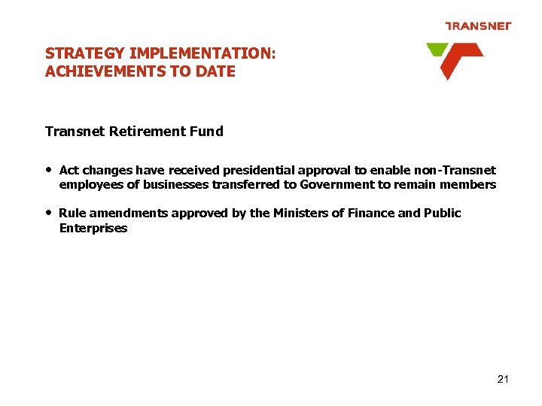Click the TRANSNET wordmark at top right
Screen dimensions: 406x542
[478, 26]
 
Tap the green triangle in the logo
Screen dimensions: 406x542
[436, 50]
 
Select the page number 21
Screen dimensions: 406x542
[503, 379]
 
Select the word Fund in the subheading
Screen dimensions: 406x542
[207, 132]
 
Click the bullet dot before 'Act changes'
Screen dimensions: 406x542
[49, 169]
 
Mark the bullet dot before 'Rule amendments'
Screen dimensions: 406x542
[49, 212]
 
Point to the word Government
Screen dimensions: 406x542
[342, 185]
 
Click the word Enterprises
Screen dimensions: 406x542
[93, 229]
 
